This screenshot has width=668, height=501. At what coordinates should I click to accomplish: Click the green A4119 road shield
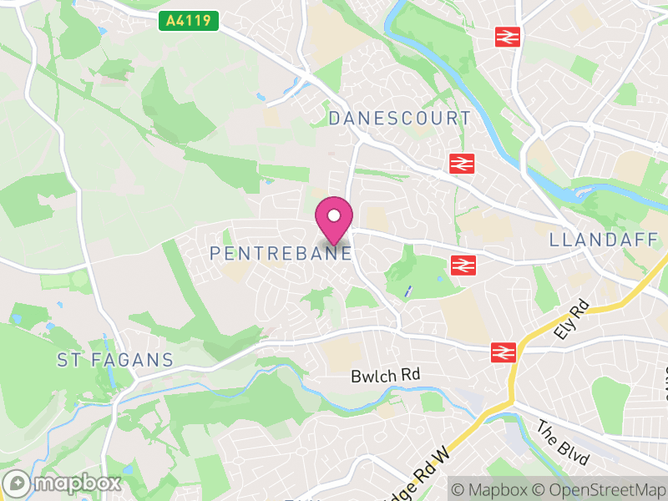tap(189, 21)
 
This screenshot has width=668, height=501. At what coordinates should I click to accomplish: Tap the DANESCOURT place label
tap(399, 119)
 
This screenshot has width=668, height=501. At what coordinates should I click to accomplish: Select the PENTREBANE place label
tap(281, 252)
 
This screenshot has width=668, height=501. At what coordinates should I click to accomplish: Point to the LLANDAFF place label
tap(604, 240)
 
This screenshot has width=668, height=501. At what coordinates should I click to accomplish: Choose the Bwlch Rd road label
tap(384, 376)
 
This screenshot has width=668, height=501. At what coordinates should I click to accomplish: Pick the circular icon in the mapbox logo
tap(17, 483)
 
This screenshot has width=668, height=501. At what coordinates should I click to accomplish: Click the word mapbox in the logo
tap(75, 483)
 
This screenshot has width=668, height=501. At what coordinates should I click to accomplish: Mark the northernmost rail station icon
tap(507, 37)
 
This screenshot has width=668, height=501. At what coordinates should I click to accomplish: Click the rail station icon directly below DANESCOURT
tap(460, 164)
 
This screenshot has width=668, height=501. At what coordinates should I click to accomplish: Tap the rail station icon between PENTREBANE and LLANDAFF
tap(461, 266)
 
